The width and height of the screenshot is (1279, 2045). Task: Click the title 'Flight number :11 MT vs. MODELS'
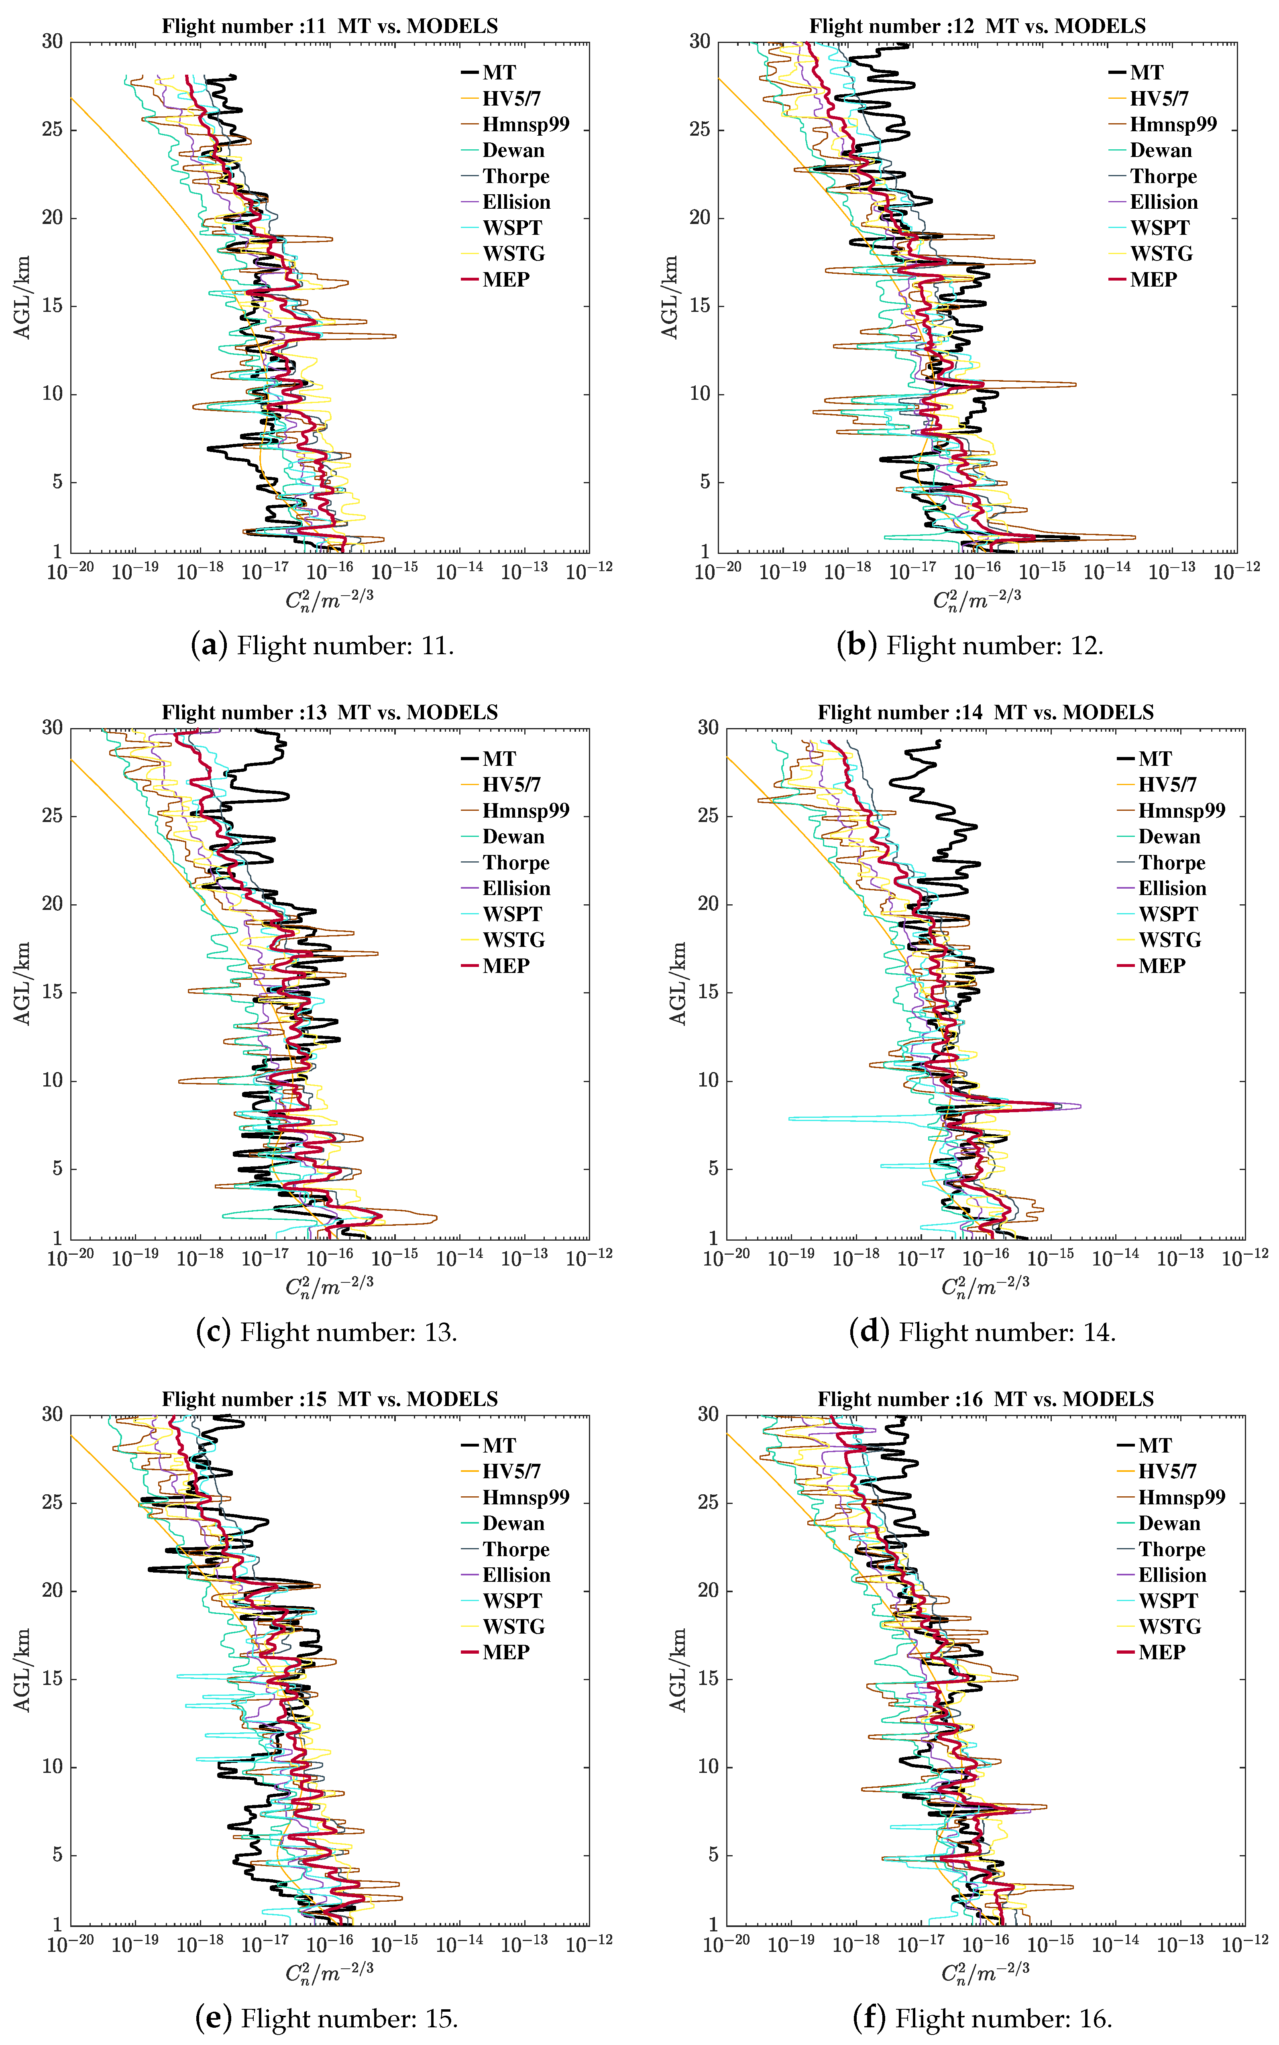point(330,26)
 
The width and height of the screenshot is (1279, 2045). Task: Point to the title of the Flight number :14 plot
point(986,713)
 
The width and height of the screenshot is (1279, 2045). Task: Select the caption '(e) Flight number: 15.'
point(326,2019)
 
